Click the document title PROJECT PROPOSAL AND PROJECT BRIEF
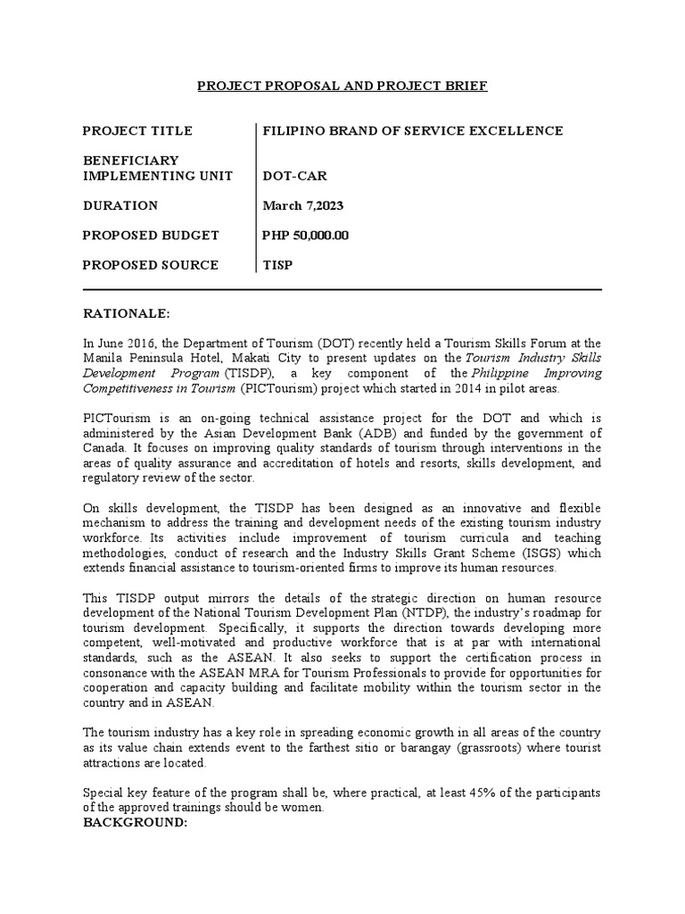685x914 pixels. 342,86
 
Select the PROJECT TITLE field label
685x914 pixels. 136,131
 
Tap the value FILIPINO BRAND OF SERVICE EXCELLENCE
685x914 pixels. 412,131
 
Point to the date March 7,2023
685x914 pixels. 302,205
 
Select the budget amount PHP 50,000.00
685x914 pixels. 305,236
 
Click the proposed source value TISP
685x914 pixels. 277,265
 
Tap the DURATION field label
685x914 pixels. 120,205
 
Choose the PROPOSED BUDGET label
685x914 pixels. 150,236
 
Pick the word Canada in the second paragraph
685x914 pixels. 103,448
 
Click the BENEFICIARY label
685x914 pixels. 130,161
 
